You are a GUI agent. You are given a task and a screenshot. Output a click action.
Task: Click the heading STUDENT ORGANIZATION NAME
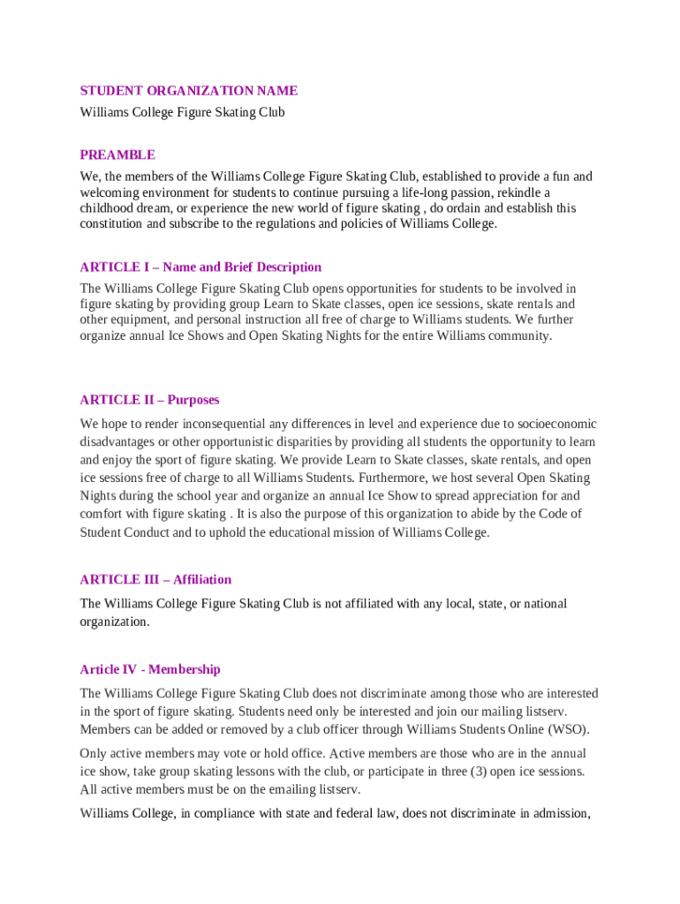tap(189, 91)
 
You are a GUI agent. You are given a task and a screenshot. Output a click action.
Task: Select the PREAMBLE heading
tap(117, 155)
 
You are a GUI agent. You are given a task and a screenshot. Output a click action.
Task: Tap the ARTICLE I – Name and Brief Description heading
tap(200, 267)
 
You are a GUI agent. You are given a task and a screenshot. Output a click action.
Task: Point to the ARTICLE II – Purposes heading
tap(149, 400)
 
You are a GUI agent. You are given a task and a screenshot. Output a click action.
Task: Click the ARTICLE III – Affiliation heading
tap(155, 580)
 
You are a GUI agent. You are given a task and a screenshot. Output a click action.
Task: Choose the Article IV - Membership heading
tap(150, 669)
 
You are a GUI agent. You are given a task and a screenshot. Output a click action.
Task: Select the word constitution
tap(110, 224)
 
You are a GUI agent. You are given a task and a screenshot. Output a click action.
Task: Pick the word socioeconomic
tap(559, 424)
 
